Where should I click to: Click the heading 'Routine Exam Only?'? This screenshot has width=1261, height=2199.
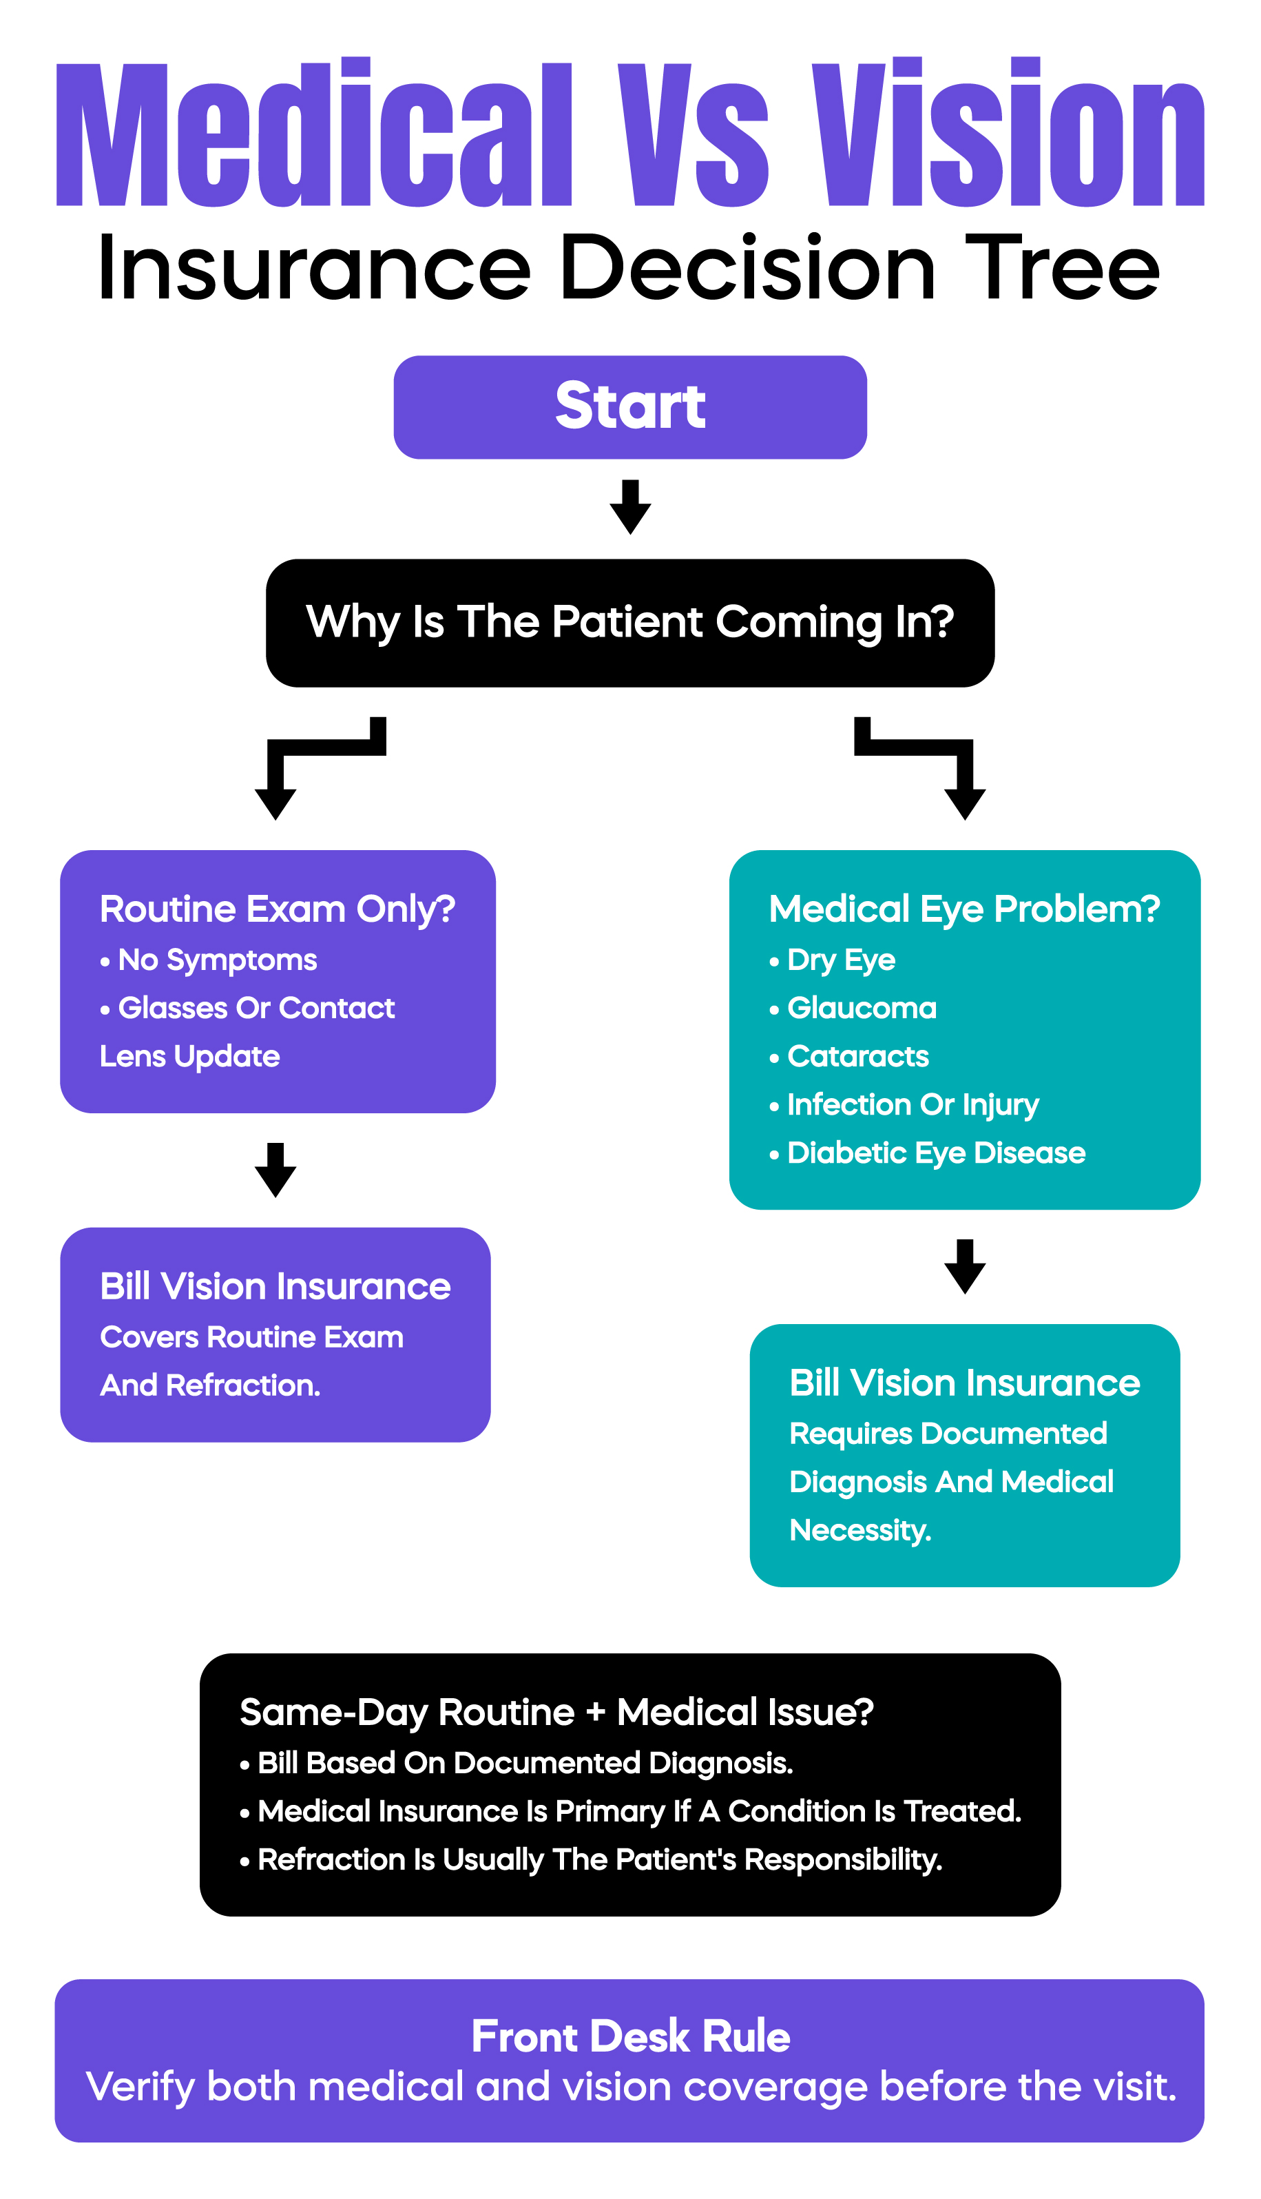pos(277,909)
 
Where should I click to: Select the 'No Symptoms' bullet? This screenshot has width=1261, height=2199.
pos(216,960)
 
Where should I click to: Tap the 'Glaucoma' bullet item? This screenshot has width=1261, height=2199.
pos(861,1008)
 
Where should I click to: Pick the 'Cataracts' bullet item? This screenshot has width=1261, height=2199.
pos(857,1057)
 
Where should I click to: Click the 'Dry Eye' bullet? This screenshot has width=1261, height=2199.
pos(840,960)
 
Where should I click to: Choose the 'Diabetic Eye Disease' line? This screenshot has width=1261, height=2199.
pos(935,1153)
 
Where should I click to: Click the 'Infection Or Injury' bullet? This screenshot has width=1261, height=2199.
pos(912,1104)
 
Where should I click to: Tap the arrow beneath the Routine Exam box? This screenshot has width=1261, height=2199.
pos(275,1170)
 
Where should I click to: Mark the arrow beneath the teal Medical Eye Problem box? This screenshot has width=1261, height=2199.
pos(965,1266)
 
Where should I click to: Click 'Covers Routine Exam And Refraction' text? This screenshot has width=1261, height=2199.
pos(251,1361)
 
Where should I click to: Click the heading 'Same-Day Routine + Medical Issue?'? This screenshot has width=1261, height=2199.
pos(556,1712)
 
